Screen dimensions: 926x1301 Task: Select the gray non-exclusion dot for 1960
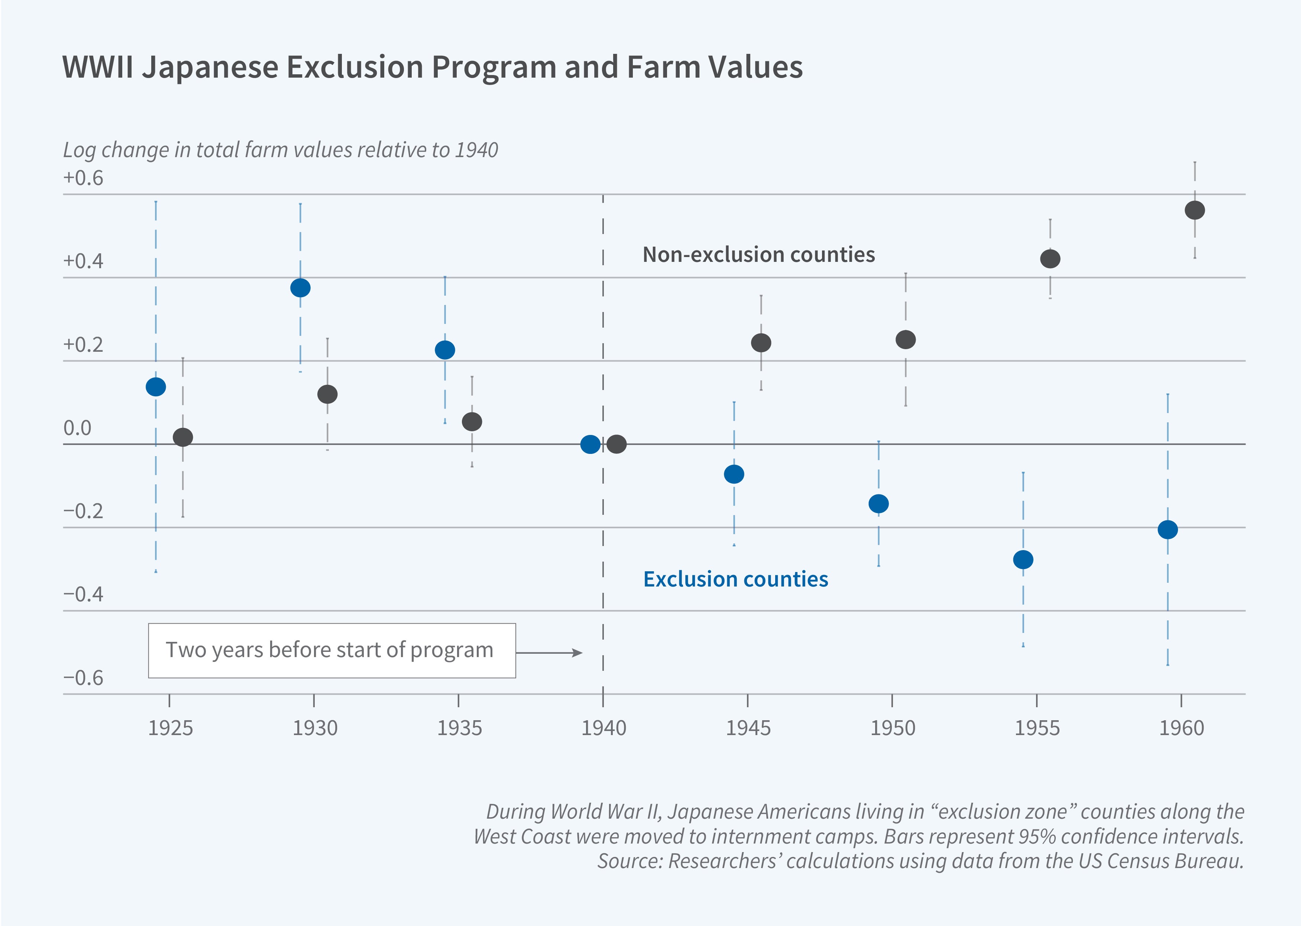coord(1194,210)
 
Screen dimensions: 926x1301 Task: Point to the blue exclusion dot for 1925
coord(156,387)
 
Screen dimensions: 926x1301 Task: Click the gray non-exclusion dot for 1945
coord(761,343)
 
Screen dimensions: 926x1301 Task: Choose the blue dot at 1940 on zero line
coord(590,444)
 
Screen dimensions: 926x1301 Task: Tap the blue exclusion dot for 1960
coord(1168,530)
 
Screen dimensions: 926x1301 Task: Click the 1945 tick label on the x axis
coord(748,728)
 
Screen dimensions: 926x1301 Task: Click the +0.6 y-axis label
coord(83,178)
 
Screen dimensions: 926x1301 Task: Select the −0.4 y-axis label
coord(83,594)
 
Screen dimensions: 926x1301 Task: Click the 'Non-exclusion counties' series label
coord(758,254)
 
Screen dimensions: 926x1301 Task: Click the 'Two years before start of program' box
coord(332,651)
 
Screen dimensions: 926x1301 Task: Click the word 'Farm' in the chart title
coord(663,67)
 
